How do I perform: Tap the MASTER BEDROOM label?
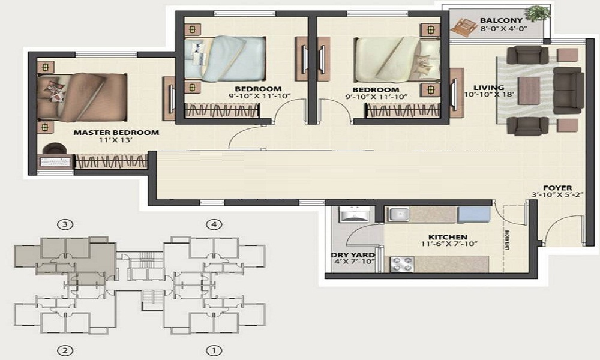[x=116, y=132]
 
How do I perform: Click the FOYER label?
[x=557, y=187]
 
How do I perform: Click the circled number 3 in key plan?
[x=65, y=225]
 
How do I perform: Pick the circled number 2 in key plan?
[x=65, y=350]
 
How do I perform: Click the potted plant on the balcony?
[x=536, y=13]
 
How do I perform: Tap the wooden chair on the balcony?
[x=463, y=26]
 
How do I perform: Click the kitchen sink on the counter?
[x=397, y=214]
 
